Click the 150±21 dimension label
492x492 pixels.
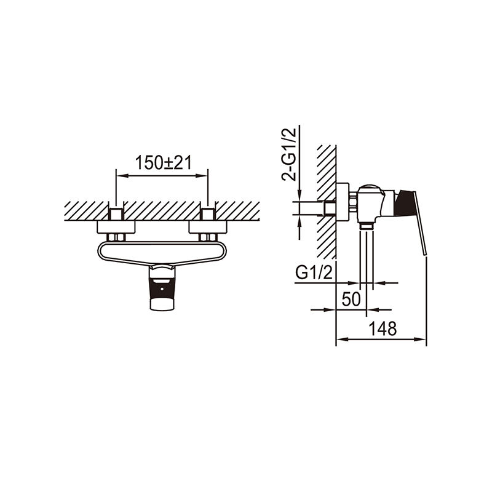point(163,163)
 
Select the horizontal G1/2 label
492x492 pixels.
point(314,272)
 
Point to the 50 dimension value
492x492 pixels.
point(351,299)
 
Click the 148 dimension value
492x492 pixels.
point(382,329)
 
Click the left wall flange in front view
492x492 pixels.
point(116,227)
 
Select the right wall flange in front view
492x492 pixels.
point(208,227)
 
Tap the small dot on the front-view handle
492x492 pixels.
point(162,288)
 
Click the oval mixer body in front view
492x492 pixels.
point(162,252)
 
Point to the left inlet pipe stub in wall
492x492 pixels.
point(116,214)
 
